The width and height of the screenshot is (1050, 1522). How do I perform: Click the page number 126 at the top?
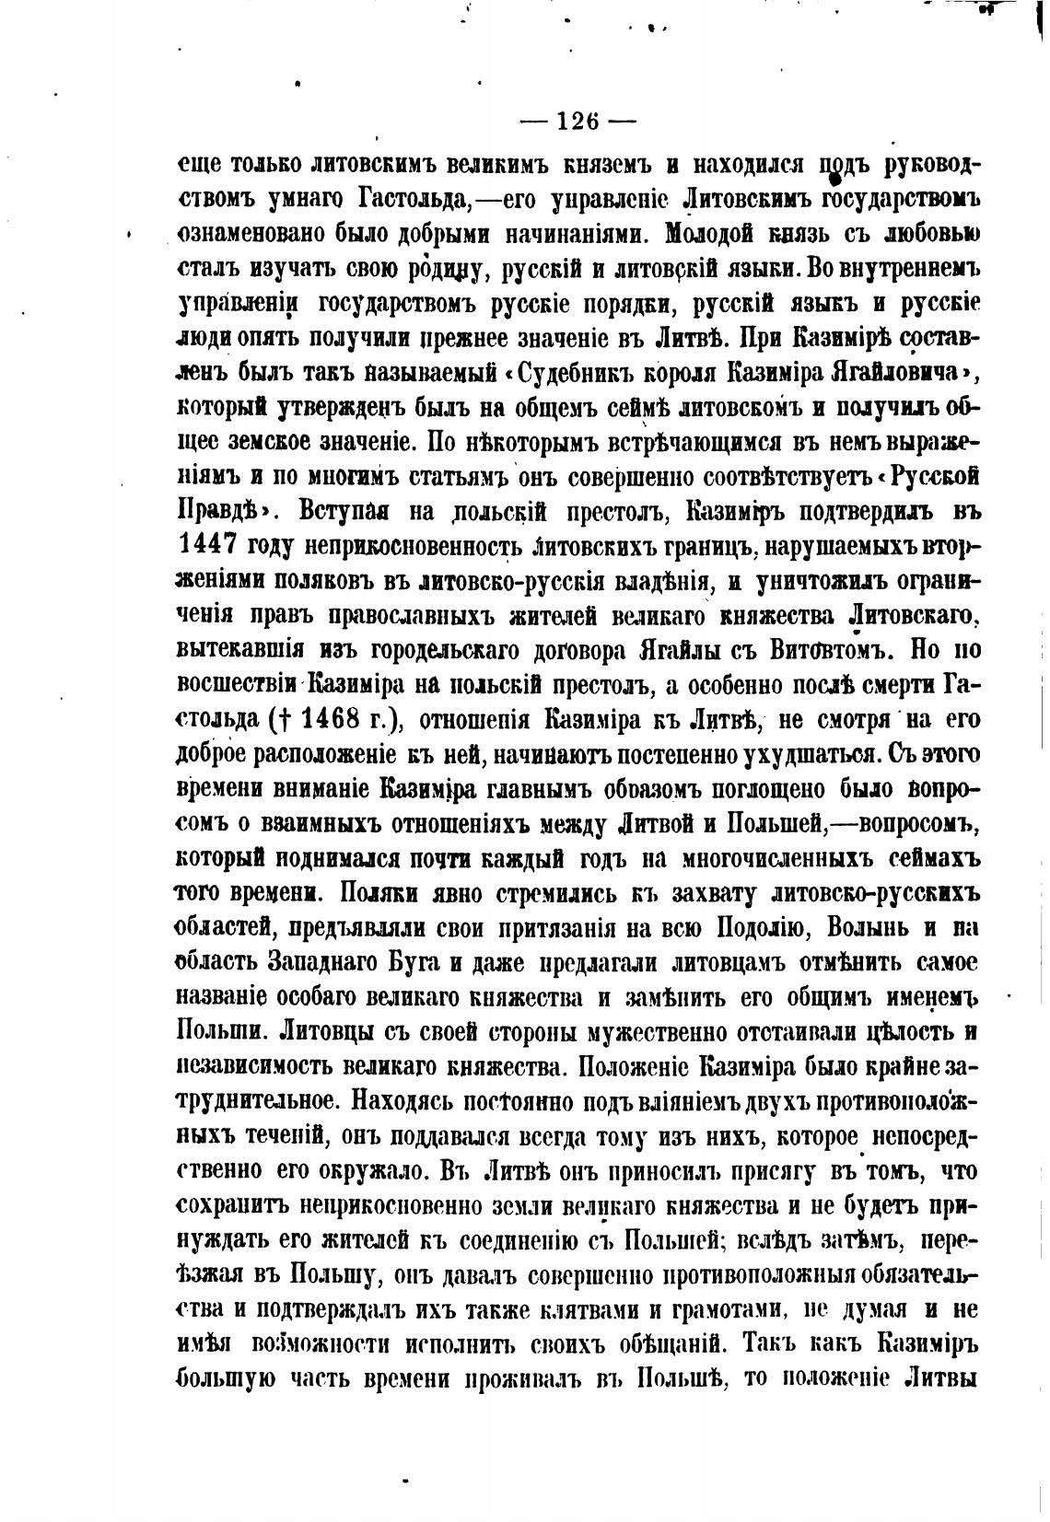578,121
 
